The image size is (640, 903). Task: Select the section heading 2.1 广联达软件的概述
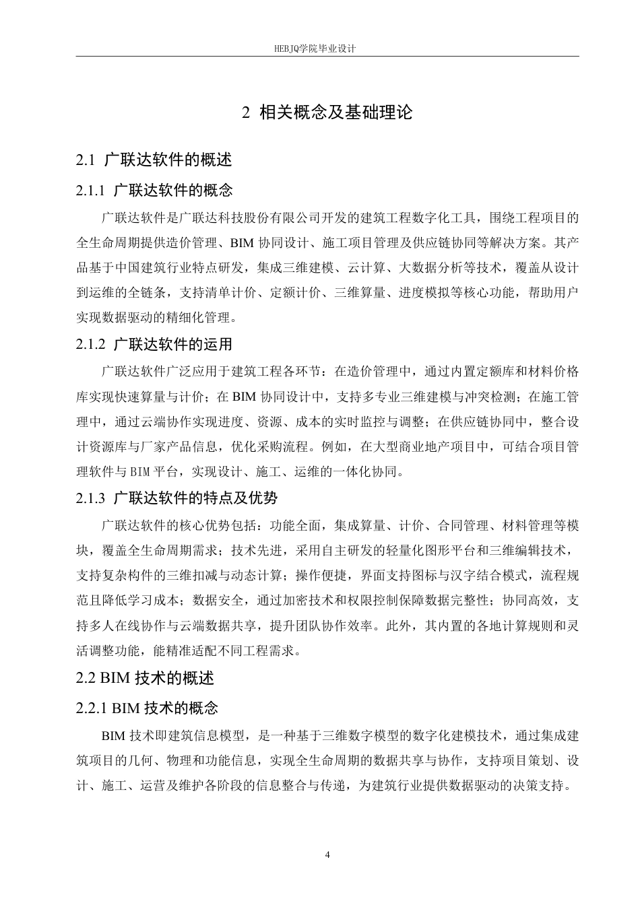pos(154,160)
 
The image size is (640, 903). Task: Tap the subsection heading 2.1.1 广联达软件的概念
pos(155,191)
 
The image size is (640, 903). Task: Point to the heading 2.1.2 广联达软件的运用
pos(154,344)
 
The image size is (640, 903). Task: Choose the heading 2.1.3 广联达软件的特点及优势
pos(177,498)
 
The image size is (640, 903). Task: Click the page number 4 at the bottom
pos(327,855)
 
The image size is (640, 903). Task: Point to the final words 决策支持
pos(542,786)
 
